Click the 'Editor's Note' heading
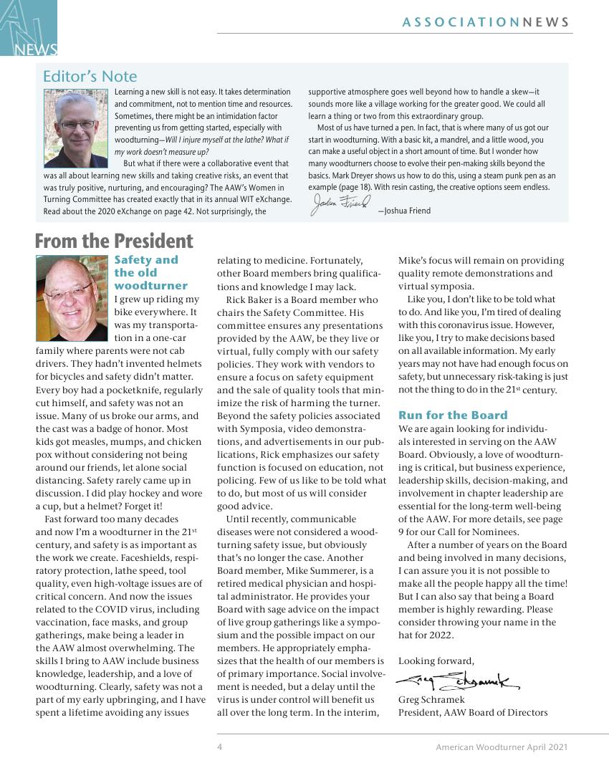coord(90,77)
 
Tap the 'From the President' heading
coord(114,241)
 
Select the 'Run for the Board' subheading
coord(453,416)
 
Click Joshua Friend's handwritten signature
coord(340,205)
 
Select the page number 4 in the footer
coord(220,747)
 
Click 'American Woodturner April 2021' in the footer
coord(502,747)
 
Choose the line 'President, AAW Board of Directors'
coord(473,712)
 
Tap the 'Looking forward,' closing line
coord(436,661)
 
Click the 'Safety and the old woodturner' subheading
coord(150,273)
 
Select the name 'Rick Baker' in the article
coord(251,299)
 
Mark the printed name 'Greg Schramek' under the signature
coord(431,699)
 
